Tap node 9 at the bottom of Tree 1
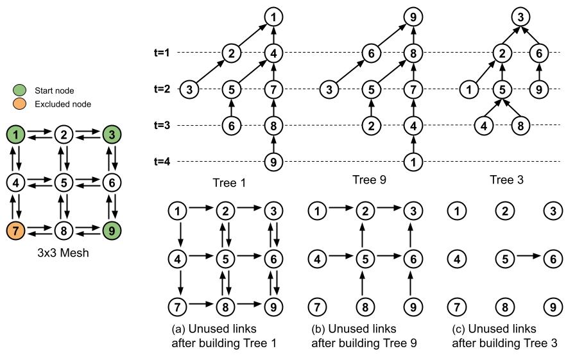(274, 162)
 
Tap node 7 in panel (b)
(317, 305)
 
